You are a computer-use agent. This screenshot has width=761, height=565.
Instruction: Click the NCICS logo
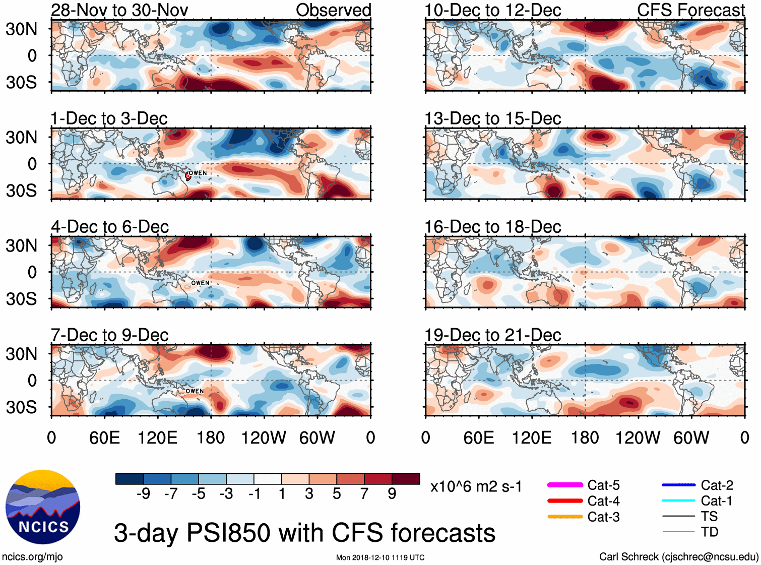43,507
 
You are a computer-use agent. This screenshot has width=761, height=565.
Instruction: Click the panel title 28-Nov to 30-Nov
119,10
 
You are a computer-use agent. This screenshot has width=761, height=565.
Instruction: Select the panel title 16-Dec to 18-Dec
492,227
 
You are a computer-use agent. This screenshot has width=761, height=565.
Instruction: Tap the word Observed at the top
333,10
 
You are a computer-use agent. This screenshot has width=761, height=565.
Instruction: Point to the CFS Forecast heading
690,10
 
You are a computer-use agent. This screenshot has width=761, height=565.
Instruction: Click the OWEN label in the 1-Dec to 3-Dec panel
198,173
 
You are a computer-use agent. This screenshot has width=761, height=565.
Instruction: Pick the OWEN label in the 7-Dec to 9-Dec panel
195,391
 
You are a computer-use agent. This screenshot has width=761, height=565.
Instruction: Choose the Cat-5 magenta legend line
565,485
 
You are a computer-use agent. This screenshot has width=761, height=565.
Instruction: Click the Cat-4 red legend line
565,501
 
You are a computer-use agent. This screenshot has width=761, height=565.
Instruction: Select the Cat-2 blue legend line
678,485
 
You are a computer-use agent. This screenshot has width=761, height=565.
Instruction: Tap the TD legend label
709,532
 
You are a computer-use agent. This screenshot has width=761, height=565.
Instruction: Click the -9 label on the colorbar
143,494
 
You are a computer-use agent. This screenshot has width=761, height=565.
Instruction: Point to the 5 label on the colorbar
337,494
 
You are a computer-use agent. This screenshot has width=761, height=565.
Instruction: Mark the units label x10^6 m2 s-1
476,487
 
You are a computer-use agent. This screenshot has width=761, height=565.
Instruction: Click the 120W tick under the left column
264,437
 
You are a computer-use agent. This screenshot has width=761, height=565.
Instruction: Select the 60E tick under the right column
478,437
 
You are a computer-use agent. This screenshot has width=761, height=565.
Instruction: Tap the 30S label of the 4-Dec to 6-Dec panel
21,299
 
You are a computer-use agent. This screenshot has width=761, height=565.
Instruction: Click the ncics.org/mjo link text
32,557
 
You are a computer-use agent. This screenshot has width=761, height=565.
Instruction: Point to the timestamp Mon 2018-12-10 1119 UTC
380,557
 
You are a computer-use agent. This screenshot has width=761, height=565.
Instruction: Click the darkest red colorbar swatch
406,479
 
